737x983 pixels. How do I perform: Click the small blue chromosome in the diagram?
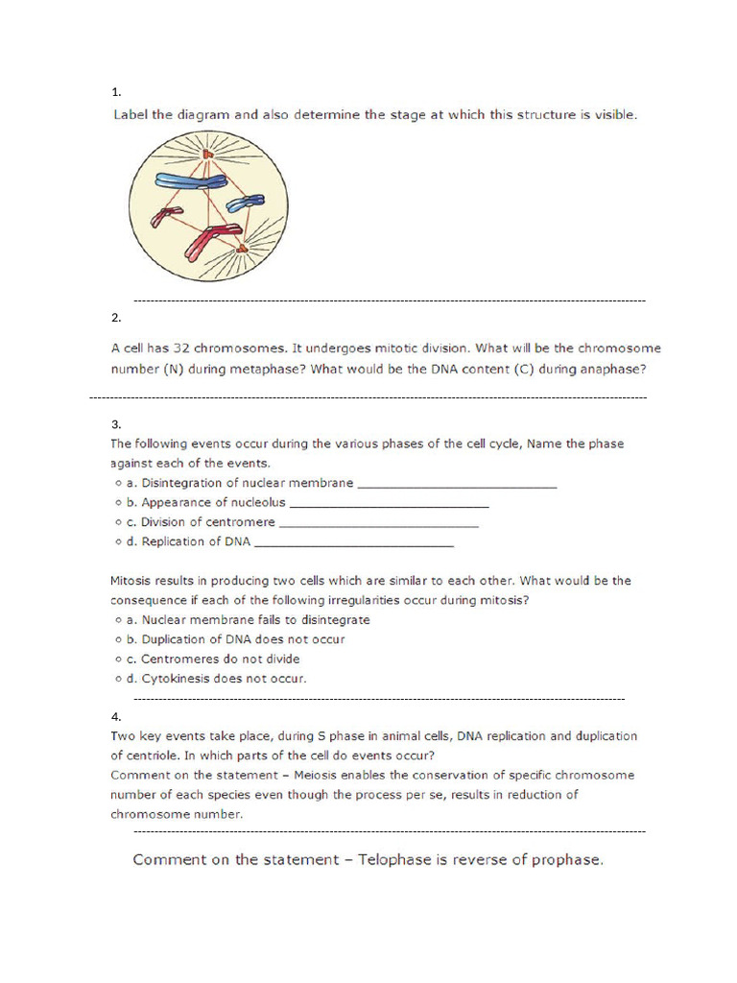click(245, 203)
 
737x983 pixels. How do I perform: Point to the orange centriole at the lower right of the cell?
click(241, 251)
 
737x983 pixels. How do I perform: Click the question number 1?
click(115, 93)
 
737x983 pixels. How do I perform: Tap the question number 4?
click(115, 716)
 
